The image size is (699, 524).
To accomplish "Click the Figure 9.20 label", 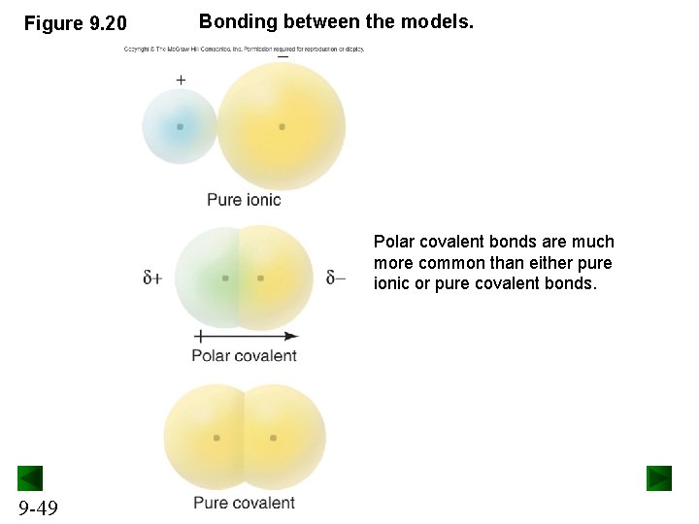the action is pos(75,22).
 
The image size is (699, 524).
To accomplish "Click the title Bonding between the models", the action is pos(336,20).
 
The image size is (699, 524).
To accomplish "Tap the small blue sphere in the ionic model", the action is pos(180,126).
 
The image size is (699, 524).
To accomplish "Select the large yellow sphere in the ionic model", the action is pos(281,126).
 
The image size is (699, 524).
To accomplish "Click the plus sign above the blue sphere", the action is pos(181,81).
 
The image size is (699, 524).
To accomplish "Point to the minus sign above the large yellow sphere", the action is pos(283,57).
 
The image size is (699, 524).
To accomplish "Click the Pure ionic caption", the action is pos(244,200).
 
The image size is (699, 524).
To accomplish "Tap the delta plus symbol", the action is pos(152,278).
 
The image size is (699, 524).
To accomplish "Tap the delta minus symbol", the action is pos(336,278).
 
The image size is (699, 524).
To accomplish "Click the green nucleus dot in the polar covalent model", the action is pos(225,278).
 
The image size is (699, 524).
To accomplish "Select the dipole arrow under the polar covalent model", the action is pos(246,336).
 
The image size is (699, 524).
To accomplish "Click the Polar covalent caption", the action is pos(244,355).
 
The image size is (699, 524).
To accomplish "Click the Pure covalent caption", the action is pos(244,503).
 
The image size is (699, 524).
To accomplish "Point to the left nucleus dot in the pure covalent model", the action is pos(216,438).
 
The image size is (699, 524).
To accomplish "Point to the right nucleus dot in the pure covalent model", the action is pos(273,438).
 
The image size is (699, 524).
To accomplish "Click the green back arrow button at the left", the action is pos(30,478).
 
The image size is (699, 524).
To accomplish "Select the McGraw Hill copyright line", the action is pos(244,49).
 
